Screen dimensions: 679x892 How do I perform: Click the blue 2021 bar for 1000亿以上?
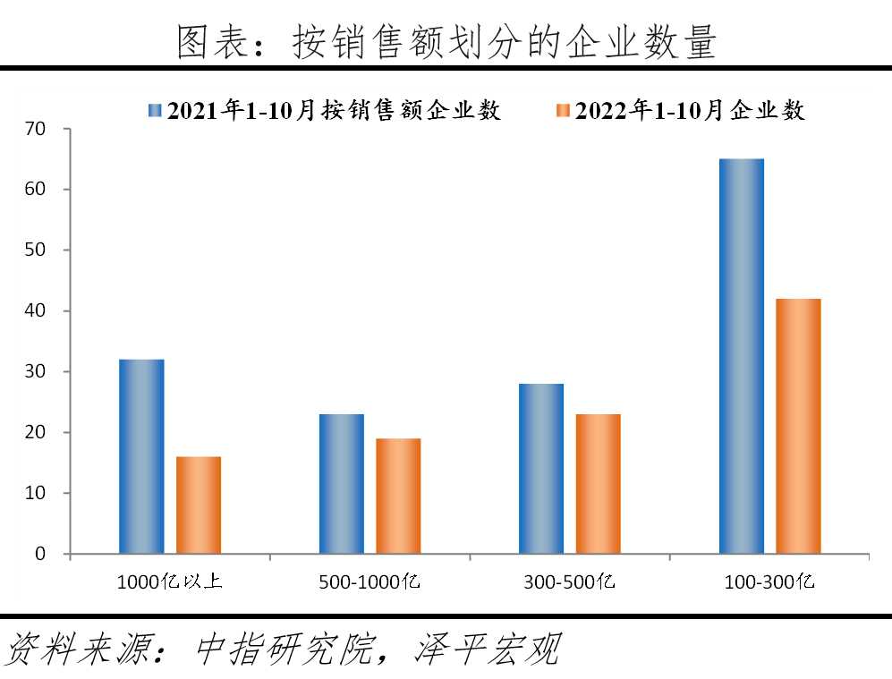point(141,456)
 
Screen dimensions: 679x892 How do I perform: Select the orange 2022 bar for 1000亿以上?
point(199,505)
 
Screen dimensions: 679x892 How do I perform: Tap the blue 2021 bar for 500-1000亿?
point(342,484)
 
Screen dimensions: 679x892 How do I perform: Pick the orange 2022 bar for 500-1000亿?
point(398,496)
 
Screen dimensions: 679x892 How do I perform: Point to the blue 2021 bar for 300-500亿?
point(541,469)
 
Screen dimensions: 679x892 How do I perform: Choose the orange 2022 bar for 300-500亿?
point(598,484)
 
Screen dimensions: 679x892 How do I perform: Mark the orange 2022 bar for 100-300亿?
point(798,426)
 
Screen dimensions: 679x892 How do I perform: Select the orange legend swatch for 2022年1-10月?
point(562,110)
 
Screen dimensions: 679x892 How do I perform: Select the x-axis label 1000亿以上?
point(170,582)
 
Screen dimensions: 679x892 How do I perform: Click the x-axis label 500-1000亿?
point(370,582)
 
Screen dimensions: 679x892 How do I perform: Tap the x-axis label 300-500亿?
point(570,582)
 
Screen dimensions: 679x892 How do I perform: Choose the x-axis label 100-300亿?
point(769,582)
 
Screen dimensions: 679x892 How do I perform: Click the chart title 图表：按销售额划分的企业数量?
point(446,41)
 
